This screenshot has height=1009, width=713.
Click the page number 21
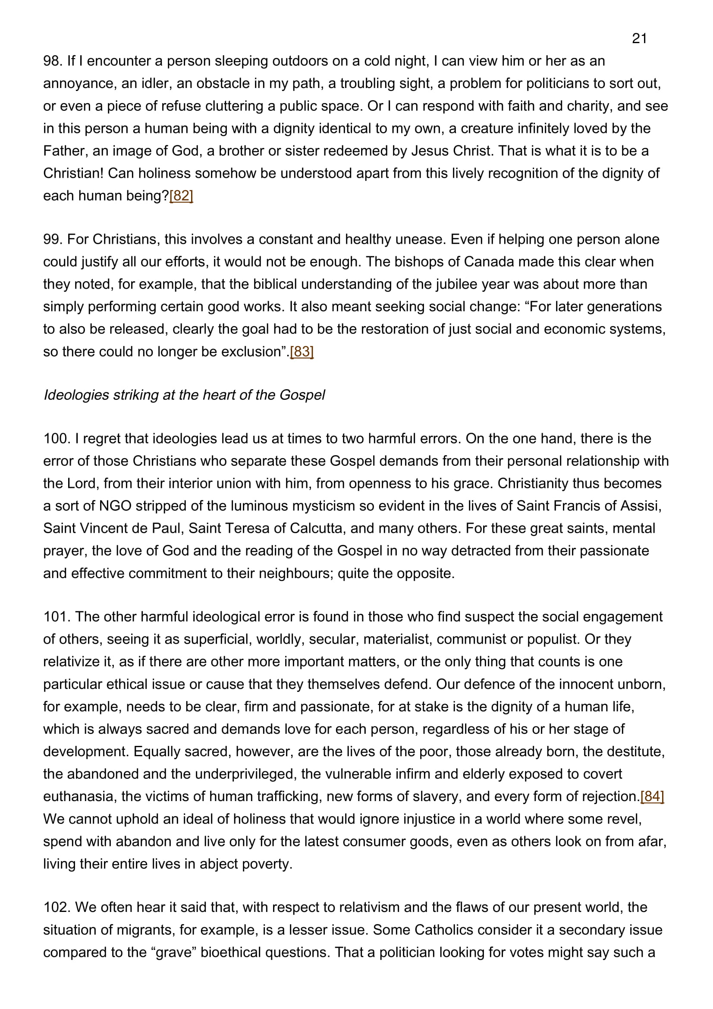click(639, 39)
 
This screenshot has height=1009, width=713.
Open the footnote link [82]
click(181, 196)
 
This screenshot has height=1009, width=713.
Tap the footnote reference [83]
click(302, 352)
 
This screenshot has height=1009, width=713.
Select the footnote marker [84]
click(652, 796)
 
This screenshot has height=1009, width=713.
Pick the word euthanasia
click(78, 796)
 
